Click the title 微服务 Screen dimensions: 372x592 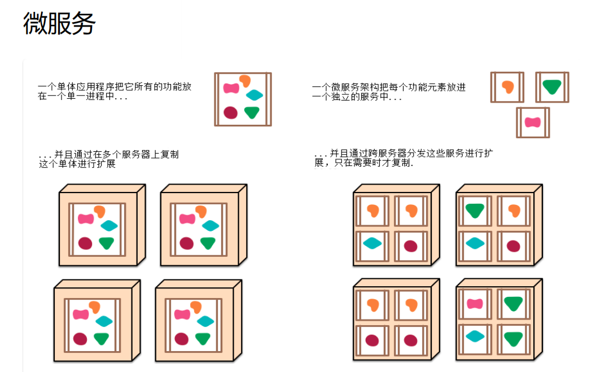point(59,24)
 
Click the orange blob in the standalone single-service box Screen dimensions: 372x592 point(507,86)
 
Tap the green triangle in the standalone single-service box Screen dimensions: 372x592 point(552,86)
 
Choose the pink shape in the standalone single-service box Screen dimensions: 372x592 point(532,122)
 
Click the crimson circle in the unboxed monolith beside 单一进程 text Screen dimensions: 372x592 point(230,112)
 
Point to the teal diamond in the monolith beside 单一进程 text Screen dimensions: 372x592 point(255,95)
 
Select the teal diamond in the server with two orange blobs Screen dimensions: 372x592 point(372,243)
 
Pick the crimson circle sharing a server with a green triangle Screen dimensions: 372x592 point(513,246)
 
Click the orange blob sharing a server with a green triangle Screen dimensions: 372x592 point(514,211)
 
